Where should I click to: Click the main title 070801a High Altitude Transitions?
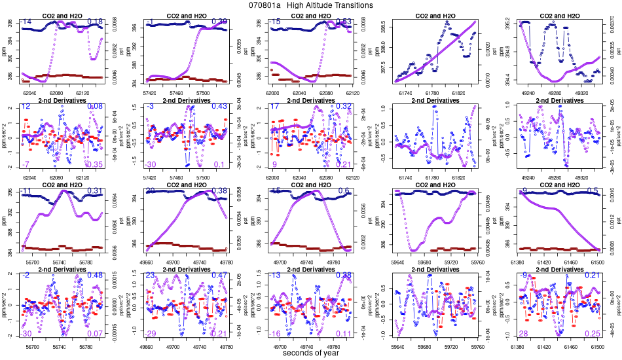311,5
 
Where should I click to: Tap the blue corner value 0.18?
96,22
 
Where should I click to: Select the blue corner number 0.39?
219,22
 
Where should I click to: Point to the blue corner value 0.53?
344,22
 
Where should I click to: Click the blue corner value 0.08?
96,107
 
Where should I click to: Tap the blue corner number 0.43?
219,107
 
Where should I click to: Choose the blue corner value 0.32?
344,107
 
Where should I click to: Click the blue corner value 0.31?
96,191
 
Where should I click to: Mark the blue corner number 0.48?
96,276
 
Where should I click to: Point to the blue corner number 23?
150,276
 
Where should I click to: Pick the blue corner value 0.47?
219,276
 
